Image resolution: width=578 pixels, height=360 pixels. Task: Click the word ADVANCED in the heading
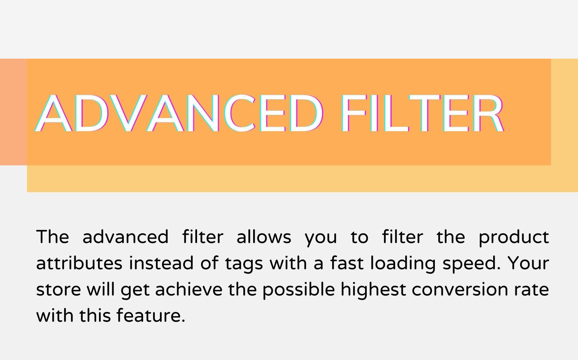pos(178,113)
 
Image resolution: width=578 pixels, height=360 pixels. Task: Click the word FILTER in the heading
pos(422,113)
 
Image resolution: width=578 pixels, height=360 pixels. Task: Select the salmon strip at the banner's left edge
pos(13,112)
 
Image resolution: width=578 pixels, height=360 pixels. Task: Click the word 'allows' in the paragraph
pos(264,236)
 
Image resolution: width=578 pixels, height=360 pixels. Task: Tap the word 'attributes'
pos(79,263)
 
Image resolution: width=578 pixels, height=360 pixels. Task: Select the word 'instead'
pos(161,263)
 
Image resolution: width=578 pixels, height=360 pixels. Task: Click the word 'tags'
pos(244,264)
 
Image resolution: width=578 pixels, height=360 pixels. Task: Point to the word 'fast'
pos(347,263)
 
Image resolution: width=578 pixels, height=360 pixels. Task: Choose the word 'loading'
pos(403,264)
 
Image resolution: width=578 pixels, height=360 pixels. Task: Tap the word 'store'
pos(59,289)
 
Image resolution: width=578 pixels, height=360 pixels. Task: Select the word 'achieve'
pos(189,289)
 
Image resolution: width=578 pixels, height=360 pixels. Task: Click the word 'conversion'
pos(460,289)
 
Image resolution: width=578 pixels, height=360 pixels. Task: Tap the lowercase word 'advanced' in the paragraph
pos(125,236)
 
